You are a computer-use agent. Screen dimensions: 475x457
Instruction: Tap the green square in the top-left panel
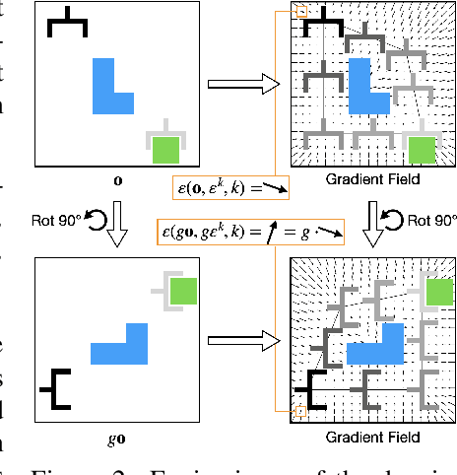(x=164, y=150)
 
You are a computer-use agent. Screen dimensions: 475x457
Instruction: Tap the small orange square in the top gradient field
(x=301, y=12)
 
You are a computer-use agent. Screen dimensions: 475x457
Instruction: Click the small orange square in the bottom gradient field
(x=301, y=412)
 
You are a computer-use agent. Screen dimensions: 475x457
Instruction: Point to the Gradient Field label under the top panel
(x=371, y=180)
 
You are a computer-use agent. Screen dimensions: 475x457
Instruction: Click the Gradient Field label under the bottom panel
(x=371, y=437)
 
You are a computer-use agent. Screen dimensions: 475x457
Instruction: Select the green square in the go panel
(x=184, y=291)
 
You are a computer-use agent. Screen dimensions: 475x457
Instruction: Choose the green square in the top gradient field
(x=423, y=150)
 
